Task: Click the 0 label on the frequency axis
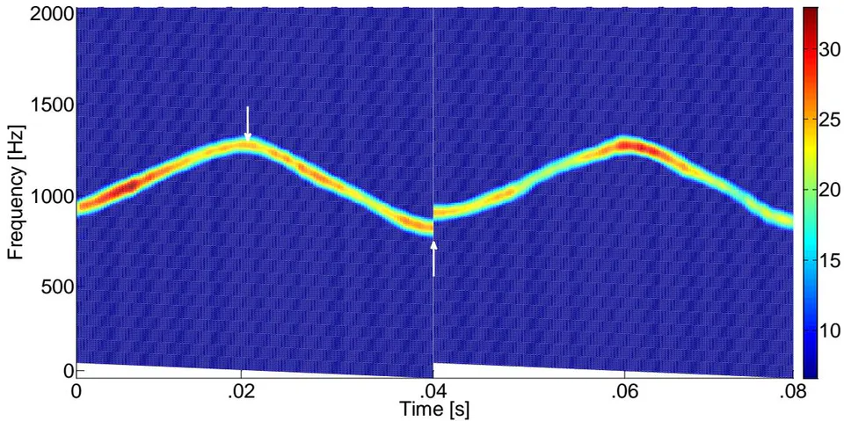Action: [x=69, y=371]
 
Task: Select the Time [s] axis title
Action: [x=433, y=410]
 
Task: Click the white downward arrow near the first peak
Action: [x=248, y=124]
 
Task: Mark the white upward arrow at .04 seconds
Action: [x=433, y=258]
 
